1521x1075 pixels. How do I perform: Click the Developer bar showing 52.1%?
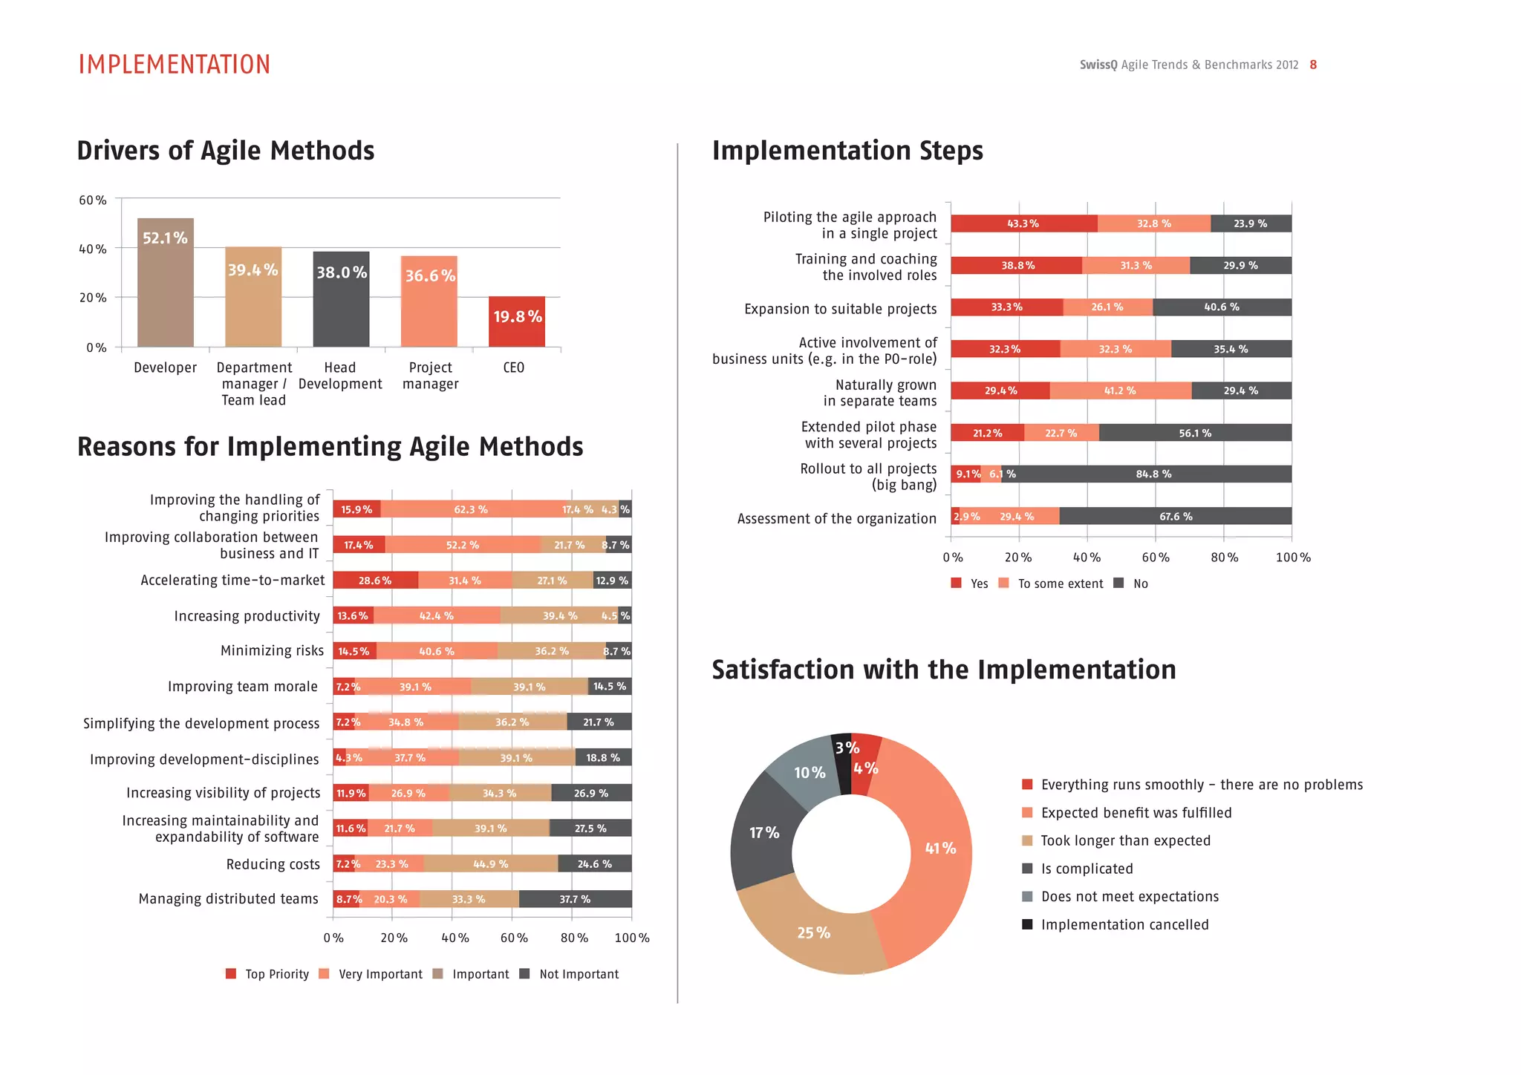coord(165,282)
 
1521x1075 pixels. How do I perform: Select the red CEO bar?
coord(516,321)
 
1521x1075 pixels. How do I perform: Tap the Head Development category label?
coord(340,376)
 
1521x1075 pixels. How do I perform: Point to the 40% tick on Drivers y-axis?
coord(93,249)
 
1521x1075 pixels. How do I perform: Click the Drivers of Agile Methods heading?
coord(226,151)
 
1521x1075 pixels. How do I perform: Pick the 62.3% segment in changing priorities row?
coord(470,509)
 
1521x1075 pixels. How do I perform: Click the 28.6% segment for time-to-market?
coord(375,581)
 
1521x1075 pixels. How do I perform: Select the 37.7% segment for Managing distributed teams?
coord(575,899)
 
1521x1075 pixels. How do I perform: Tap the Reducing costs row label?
coord(273,864)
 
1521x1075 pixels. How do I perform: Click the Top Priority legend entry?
coord(267,974)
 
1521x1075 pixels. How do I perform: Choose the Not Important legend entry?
coord(570,974)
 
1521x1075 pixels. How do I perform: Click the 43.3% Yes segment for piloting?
coord(1023,223)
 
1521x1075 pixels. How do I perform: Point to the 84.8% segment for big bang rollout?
coord(1153,474)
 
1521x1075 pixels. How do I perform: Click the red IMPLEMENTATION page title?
coord(175,65)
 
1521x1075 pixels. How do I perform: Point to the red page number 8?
coord(1313,65)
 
